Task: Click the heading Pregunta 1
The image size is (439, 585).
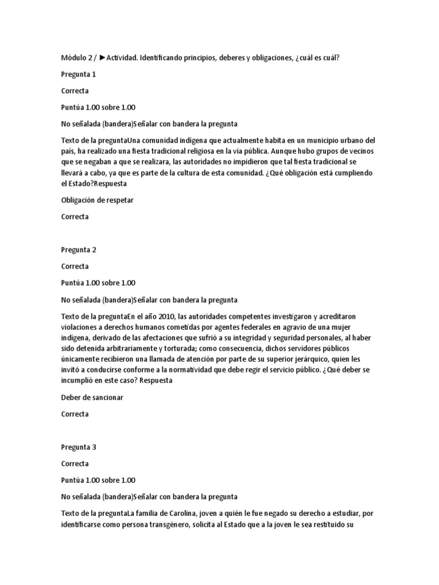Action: click(78, 74)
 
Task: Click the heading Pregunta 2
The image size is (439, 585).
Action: click(78, 250)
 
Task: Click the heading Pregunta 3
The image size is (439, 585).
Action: click(78, 447)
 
